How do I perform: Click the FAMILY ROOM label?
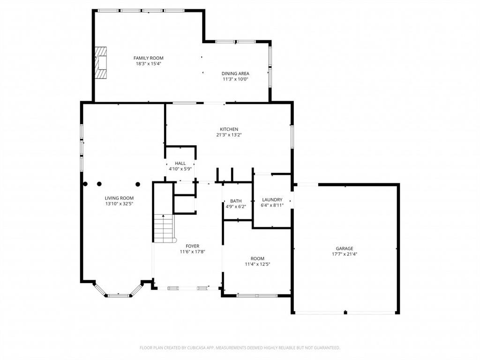click(148, 58)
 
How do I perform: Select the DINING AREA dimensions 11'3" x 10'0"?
click(235, 79)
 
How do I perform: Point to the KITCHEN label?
click(229, 129)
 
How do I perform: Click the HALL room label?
click(180, 163)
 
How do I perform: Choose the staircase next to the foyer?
click(164, 229)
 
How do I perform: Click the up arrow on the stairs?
click(163, 217)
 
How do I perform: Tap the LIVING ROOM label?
click(119, 198)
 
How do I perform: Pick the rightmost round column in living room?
click(138, 184)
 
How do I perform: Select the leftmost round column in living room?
click(85, 184)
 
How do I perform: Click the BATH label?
click(236, 201)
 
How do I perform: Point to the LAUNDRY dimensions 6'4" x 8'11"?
click(272, 205)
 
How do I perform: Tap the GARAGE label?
click(344, 248)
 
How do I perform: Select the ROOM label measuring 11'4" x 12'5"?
click(257, 258)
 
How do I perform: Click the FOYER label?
click(192, 246)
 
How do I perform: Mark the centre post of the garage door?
click(345, 312)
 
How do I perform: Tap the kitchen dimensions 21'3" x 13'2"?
click(229, 135)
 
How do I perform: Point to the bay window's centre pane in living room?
click(118, 295)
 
